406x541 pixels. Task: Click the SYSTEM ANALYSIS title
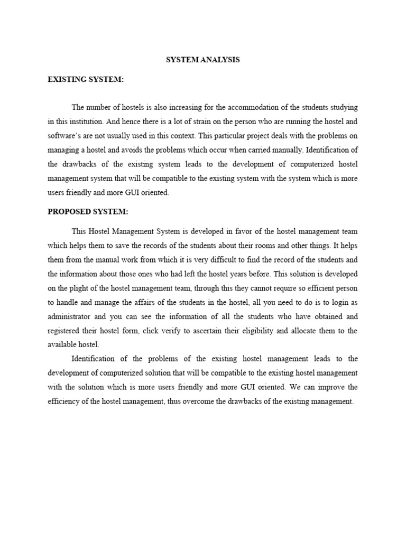point(202,60)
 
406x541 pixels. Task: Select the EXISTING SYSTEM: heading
point(86,79)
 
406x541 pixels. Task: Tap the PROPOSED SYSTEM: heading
point(88,211)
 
